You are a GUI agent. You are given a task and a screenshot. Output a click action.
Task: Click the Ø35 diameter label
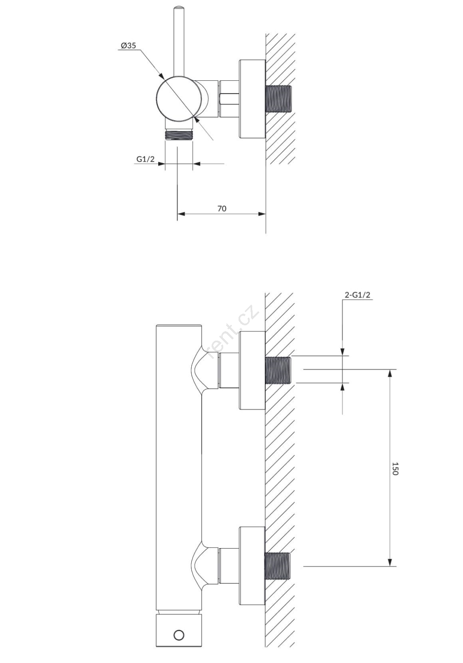(x=128, y=45)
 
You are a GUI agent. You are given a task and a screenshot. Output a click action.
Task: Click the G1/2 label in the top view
(x=145, y=159)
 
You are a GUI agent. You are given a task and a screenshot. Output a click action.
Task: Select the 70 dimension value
(x=222, y=208)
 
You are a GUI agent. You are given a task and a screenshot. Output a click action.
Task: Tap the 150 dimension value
(x=395, y=468)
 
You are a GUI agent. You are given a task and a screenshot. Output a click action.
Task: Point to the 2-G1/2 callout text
(x=357, y=295)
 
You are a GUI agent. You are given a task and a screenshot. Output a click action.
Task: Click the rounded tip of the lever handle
(x=178, y=7)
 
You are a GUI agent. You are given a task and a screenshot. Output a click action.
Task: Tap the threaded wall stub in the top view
(x=278, y=99)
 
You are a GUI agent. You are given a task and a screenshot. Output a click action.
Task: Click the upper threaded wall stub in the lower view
(x=278, y=370)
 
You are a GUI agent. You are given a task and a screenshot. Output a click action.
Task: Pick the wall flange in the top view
(x=252, y=99)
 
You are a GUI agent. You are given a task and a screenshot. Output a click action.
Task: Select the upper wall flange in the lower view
(x=252, y=370)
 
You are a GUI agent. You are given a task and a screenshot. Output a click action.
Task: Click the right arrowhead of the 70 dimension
(x=262, y=214)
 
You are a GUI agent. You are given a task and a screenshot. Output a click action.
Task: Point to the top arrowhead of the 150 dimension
(x=390, y=373)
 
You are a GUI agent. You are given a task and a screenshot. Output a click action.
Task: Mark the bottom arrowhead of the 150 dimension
(x=390, y=563)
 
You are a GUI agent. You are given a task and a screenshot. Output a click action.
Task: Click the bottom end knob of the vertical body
(x=179, y=640)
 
